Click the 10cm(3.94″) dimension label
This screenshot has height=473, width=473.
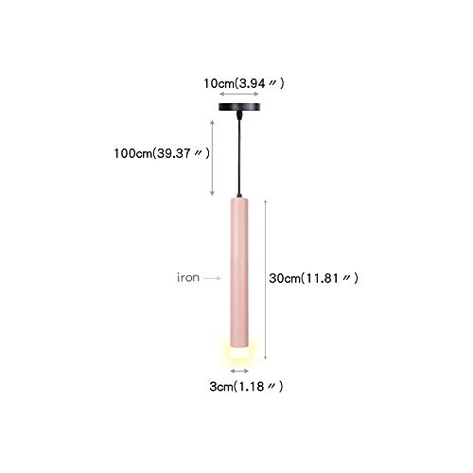pyautogui.click(x=244, y=83)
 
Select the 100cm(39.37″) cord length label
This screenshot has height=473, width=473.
pyautogui.click(x=162, y=153)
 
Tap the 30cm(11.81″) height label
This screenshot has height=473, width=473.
pyautogui.click(x=313, y=278)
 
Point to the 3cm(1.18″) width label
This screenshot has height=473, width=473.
pyautogui.click(x=246, y=386)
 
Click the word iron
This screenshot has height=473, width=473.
pyautogui.click(x=188, y=277)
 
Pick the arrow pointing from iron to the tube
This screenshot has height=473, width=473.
pyautogui.click(x=212, y=278)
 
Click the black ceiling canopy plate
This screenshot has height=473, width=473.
pyautogui.click(x=239, y=107)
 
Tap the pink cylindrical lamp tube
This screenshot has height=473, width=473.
pyautogui.click(x=239, y=272)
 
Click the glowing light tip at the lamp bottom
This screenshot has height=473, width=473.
pyautogui.click(x=239, y=353)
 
